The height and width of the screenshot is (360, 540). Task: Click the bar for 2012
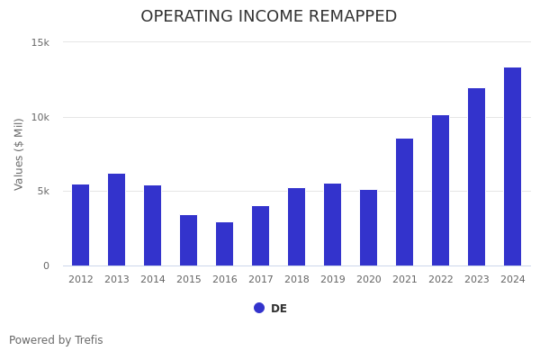(x=81, y=225)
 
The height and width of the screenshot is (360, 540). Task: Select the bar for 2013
(x=117, y=220)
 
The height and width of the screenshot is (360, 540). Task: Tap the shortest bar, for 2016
(x=225, y=244)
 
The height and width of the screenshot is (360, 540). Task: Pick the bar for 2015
(x=189, y=240)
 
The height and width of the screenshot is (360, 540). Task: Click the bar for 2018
(x=297, y=227)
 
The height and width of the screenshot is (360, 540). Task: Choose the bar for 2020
(x=369, y=228)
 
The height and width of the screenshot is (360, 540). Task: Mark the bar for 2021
(x=405, y=202)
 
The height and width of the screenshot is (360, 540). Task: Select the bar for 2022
(x=441, y=191)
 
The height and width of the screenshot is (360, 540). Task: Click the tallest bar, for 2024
(x=513, y=166)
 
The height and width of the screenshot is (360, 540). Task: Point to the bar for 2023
(x=477, y=177)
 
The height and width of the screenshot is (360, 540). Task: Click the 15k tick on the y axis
(x=40, y=42)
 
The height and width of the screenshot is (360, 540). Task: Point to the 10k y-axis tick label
(x=40, y=117)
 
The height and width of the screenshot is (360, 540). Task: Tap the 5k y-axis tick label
(x=43, y=192)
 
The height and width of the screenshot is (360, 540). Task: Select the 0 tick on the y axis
(x=47, y=265)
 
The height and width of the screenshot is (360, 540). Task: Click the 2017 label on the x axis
(x=261, y=280)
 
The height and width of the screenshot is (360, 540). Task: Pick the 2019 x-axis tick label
(x=333, y=280)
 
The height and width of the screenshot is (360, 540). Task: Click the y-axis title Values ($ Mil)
(x=20, y=154)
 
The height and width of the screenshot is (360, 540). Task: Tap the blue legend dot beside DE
(x=259, y=308)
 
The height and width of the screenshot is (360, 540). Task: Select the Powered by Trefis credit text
(x=56, y=340)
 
